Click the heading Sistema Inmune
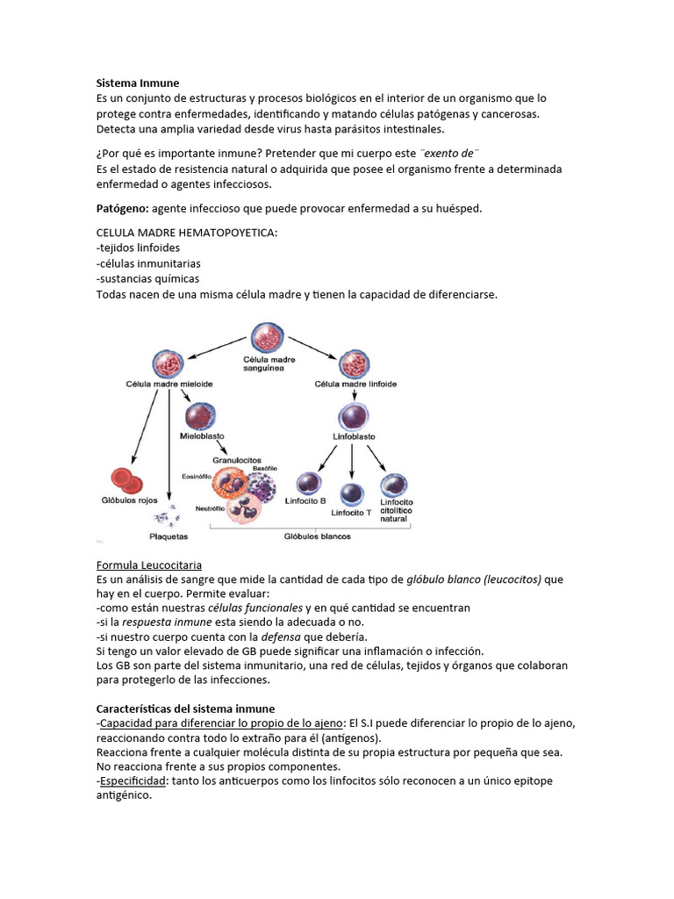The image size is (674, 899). point(138,83)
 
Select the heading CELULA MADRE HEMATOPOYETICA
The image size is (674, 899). point(187,233)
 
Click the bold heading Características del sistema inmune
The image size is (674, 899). point(185,708)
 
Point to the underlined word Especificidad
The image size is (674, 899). point(133,780)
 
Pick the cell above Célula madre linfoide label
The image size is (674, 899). point(354,363)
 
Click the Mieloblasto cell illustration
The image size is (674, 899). point(199,415)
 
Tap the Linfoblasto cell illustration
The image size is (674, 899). point(353,415)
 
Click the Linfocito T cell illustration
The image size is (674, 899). point(352,493)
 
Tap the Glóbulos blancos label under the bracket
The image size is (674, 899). point(317,536)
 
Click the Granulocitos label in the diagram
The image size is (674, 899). point(236,459)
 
